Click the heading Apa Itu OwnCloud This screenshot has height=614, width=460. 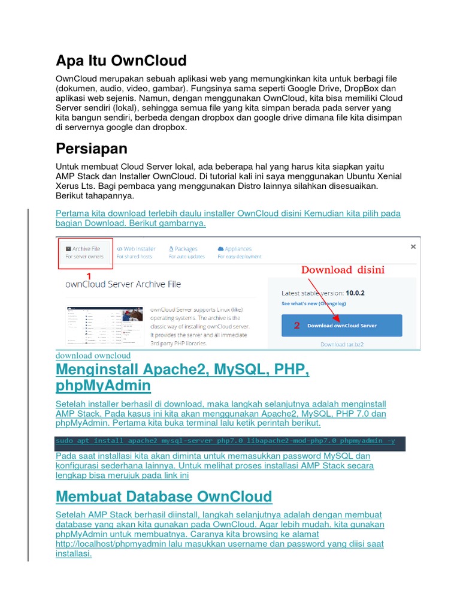coord(121,61)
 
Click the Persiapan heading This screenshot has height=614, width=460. coord(92,148)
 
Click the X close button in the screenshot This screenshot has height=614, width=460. coord(413,246)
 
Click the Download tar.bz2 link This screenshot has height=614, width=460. coord(341,344)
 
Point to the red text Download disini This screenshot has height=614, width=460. coord(343,270)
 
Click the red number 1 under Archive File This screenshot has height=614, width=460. coord(89,276)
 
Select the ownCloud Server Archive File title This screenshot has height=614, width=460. coord(123,284)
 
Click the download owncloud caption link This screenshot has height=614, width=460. coord(93,356)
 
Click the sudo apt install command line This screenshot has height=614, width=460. coord(225,441)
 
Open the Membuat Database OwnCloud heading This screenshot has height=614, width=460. coord(164,496)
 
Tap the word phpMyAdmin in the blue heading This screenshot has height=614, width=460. coord(103,385)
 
